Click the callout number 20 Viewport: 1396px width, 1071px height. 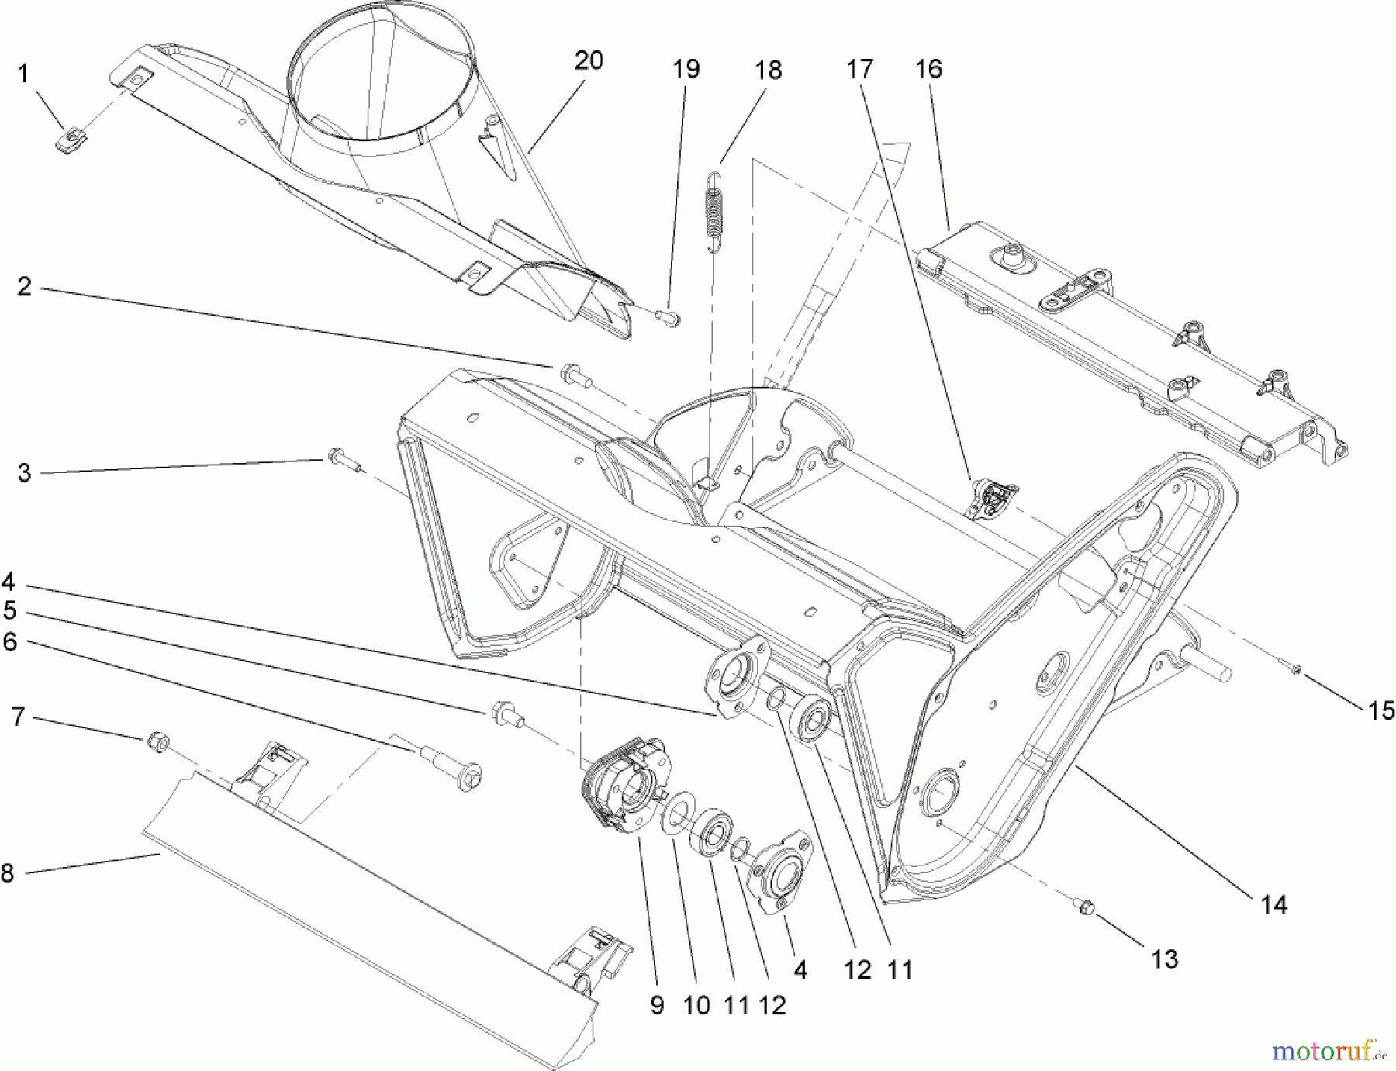pyautogui.click(x=589, y=60)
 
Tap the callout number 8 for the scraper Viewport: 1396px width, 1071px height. pyautogui.click(x=8, y=873)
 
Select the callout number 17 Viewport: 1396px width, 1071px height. pyautogui.click(x=859, y=68)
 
